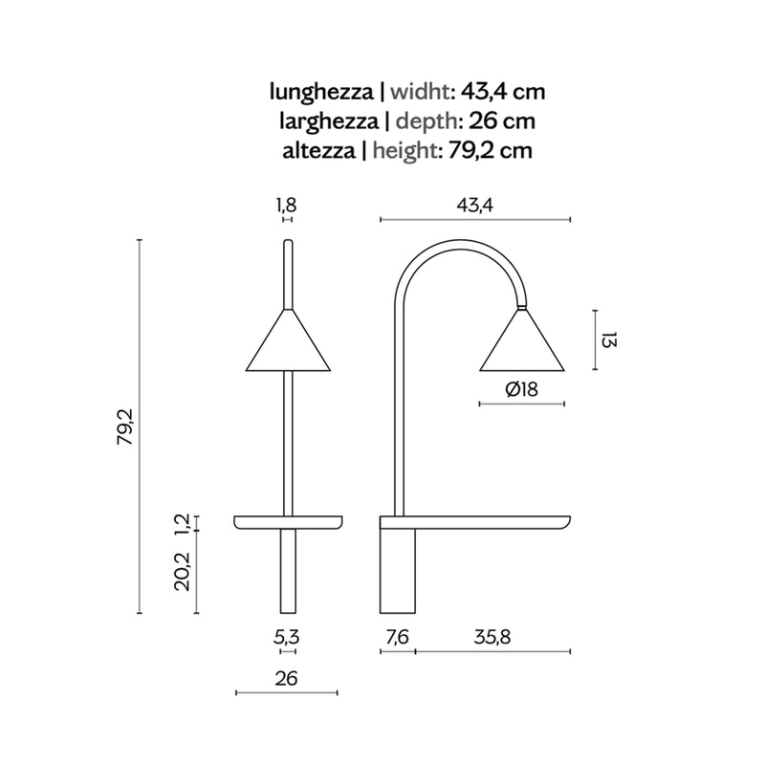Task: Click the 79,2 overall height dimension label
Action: click(125, 426)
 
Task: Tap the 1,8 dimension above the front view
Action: click(287, 205)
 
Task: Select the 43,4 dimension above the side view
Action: click(474, 205)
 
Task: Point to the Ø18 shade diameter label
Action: click(521, 389)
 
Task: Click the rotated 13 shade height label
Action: click(608, 339)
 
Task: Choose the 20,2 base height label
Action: click(183, 571)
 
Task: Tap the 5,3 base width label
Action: click(286, 637)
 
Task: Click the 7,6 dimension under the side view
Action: click(397, 637)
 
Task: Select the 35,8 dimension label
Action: click(492, 637)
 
